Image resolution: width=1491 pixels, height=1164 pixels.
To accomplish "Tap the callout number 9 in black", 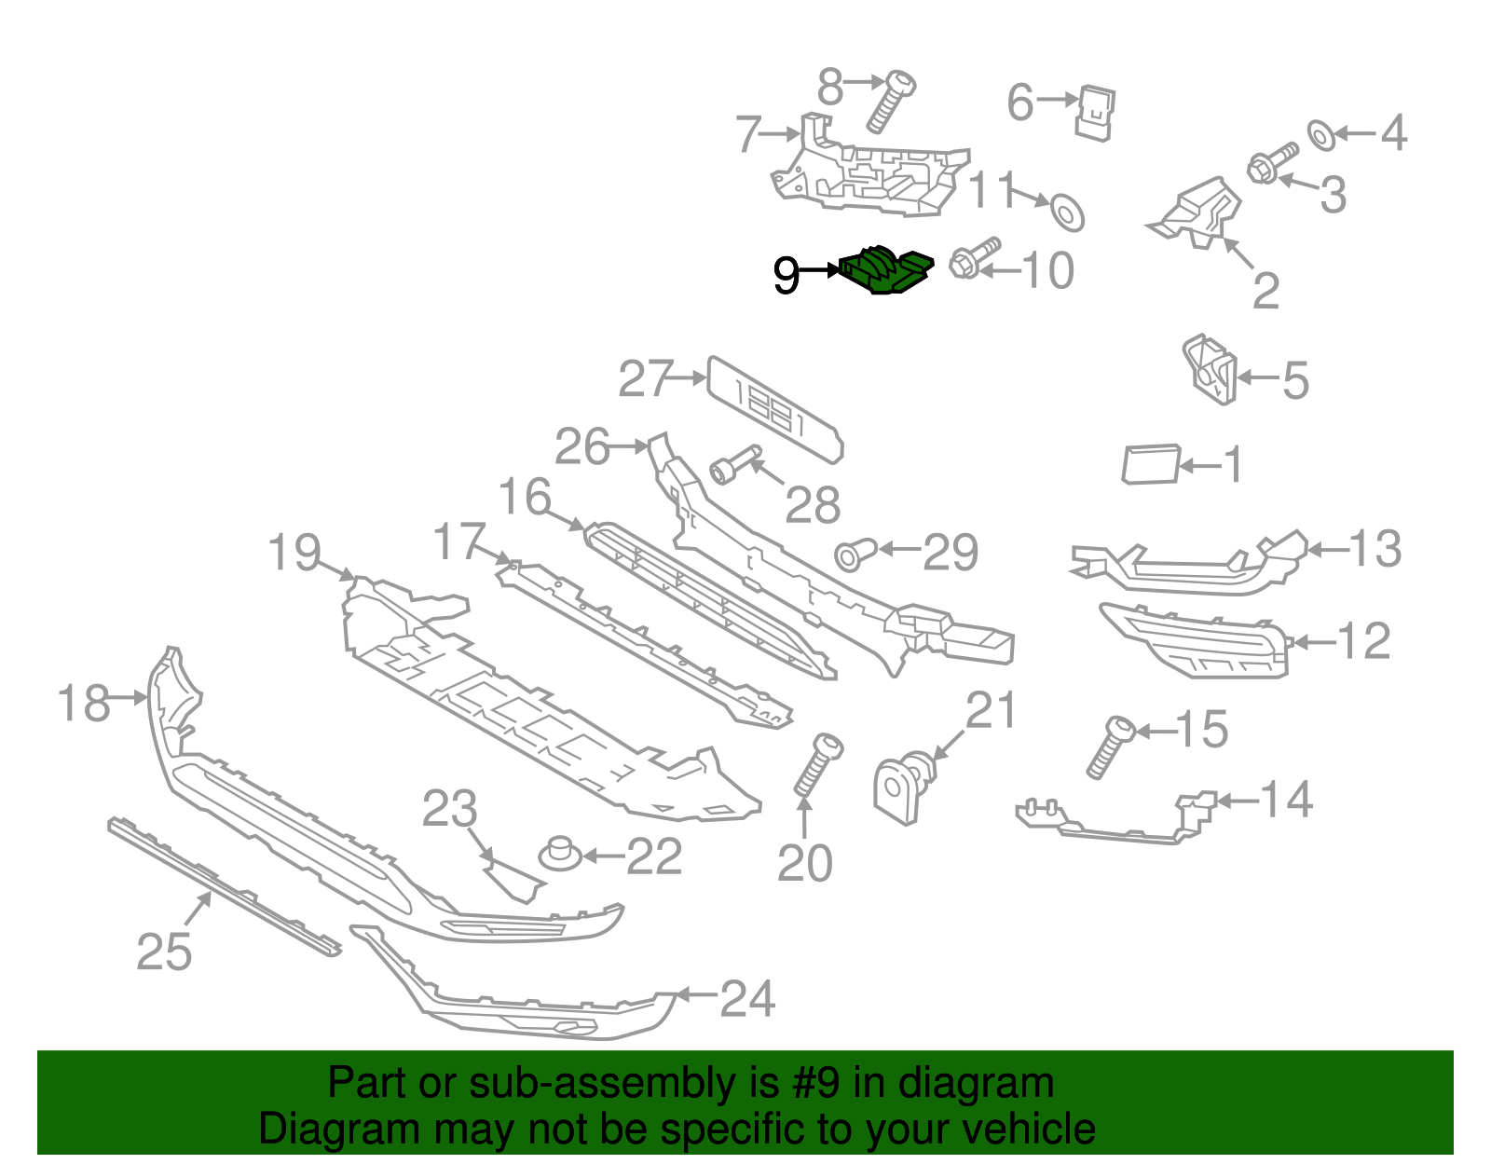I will pos(787,275).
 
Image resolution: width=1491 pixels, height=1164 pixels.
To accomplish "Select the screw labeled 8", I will pos(890,102).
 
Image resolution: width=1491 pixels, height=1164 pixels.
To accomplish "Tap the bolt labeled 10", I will pos(973,257).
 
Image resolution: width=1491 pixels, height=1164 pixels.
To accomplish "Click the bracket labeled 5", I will pos(1210,370).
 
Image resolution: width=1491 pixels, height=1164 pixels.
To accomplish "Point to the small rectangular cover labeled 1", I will pos(1151,464).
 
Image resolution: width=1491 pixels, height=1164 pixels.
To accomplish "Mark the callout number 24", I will pos(747,998).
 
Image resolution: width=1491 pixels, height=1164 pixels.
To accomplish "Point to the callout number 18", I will pos(84,703).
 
